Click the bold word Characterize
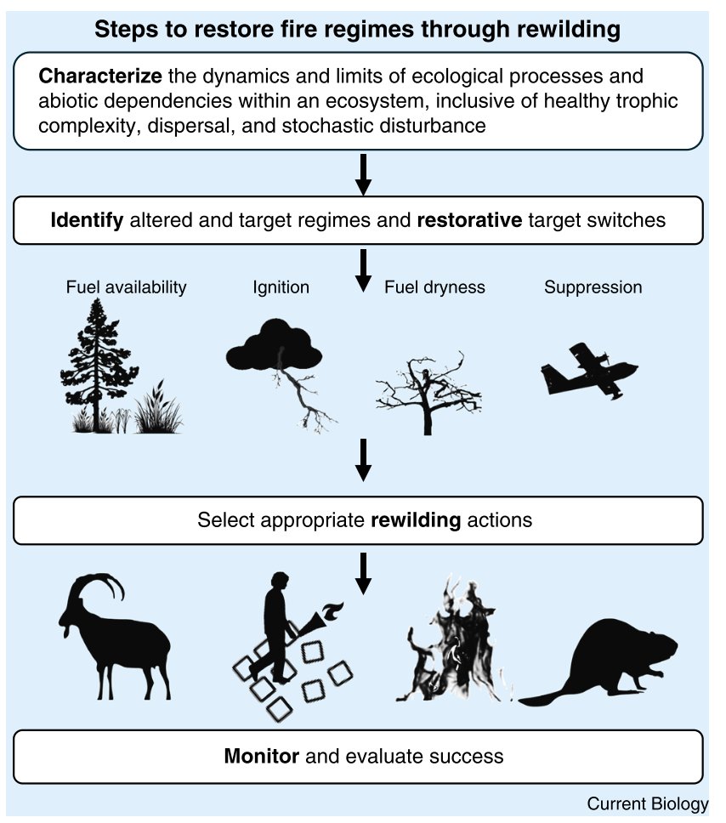[100, 76]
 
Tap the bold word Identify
[88, 220]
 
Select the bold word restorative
[469, 220]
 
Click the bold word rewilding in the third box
[417, 519]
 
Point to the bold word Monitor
[261, 756]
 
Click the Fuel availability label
[126, 287]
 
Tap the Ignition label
[281, 287]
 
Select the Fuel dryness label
[434, 287]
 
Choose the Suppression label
[593, 287]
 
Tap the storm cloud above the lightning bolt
[274, 344]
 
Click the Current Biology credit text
[647, 804]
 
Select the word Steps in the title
[121, 31]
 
